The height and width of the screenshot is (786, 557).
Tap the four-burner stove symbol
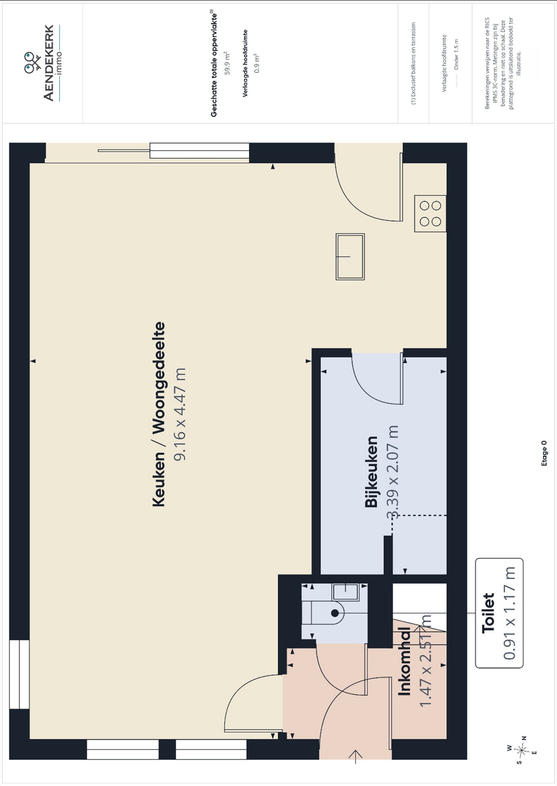430,213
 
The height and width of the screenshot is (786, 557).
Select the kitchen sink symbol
350,256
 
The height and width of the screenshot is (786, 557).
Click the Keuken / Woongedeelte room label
159,414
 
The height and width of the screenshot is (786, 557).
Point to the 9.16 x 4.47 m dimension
180,414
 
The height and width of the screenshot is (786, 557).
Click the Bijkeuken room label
371,472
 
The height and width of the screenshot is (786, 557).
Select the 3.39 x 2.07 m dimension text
392,472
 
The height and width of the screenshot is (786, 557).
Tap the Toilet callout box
499,613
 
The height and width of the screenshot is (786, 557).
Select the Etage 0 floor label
544,453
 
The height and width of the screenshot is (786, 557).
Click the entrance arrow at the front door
355,755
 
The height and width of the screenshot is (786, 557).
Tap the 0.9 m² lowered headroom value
257,63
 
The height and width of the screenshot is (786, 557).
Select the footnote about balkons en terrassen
413,63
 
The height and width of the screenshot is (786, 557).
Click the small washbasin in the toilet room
346,592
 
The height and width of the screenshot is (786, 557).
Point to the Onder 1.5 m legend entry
456,54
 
